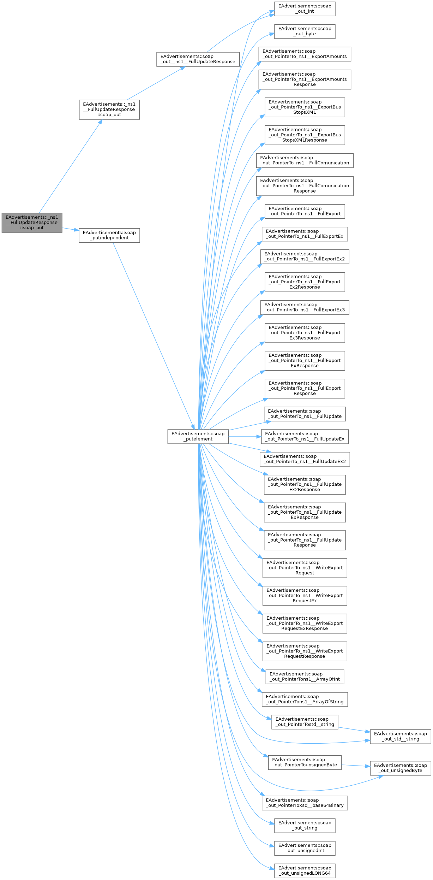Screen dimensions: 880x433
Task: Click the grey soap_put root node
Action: click(32, 223)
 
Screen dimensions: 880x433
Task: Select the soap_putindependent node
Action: click(109, 235)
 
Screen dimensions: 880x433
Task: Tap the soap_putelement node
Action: click(198, 436)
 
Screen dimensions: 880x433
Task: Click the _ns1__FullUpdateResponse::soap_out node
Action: click(109, 110)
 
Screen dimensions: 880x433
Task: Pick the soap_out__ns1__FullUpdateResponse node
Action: click(198, 59)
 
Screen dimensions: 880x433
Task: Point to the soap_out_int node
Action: click(305, 9)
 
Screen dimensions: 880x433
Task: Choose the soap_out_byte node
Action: click(305, 31)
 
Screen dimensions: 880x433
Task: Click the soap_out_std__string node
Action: click(400, 736)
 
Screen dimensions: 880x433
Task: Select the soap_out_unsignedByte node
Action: click(400, 768)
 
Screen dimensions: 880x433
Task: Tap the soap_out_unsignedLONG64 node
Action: click(305, 870)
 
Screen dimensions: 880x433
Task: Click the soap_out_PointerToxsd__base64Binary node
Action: click(305, 803)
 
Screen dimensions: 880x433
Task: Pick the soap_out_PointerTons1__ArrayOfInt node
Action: click(305, 677)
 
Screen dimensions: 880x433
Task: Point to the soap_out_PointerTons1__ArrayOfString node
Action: click(305, 699)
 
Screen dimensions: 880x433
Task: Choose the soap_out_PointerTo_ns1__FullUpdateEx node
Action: click(305, 436)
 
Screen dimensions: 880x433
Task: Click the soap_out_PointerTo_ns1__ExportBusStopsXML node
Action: click(305, 107)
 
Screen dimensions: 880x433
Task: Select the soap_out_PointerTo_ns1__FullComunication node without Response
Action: click(305, 160)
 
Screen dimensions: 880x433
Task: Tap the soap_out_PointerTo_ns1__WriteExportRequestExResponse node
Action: click(305, 623)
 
